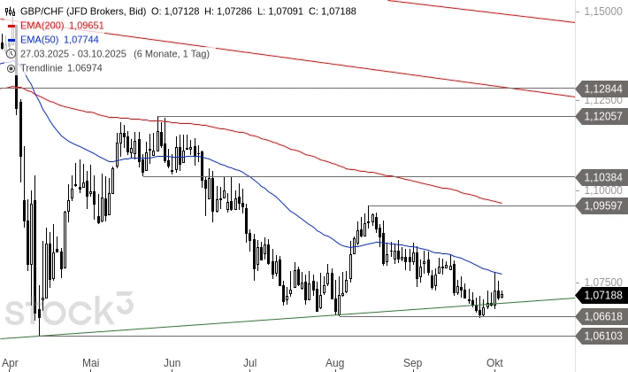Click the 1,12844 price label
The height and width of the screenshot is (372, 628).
tap(602, 89)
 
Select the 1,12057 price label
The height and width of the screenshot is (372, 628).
tap(602, 116)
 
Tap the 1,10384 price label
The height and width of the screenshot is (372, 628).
tap(602, 176)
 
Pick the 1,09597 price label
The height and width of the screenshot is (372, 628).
tap(602, 205)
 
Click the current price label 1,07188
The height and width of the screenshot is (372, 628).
tap(602, 295)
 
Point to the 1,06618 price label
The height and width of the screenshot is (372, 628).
tap(602, 316)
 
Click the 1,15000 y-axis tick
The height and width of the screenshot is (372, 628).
tap(601, 12)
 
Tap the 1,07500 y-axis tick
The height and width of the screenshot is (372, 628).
tap(601, 280)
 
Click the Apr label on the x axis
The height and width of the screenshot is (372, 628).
tap(11, 361)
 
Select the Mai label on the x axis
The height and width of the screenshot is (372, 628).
tap(91, 361)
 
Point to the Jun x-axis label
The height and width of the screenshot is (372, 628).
tap(172, 361)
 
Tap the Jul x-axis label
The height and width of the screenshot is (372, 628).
tap(250, 361)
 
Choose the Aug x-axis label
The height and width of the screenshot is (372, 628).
tap(334, 361)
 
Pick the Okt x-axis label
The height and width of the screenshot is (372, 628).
tap(494, 361)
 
